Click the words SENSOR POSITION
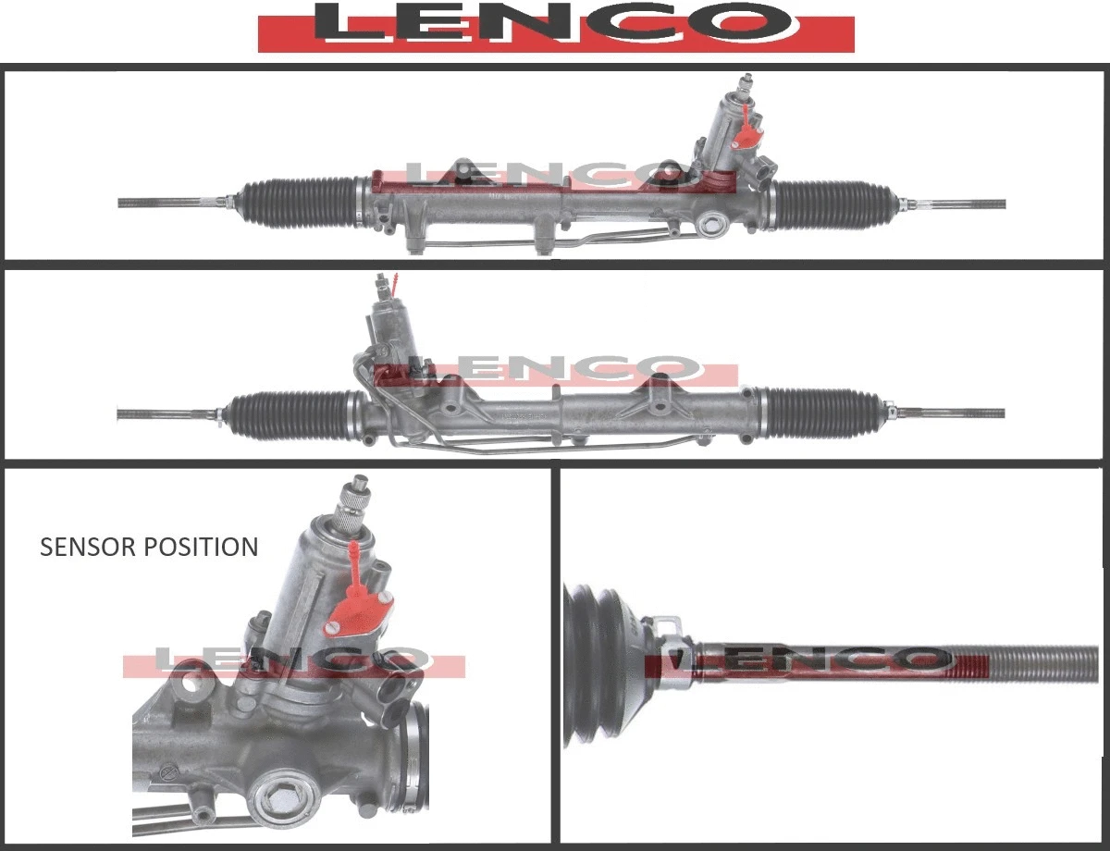pyautogui.click(x=149, y=547)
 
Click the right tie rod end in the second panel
pyautogui.click(x=953, y=412)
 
